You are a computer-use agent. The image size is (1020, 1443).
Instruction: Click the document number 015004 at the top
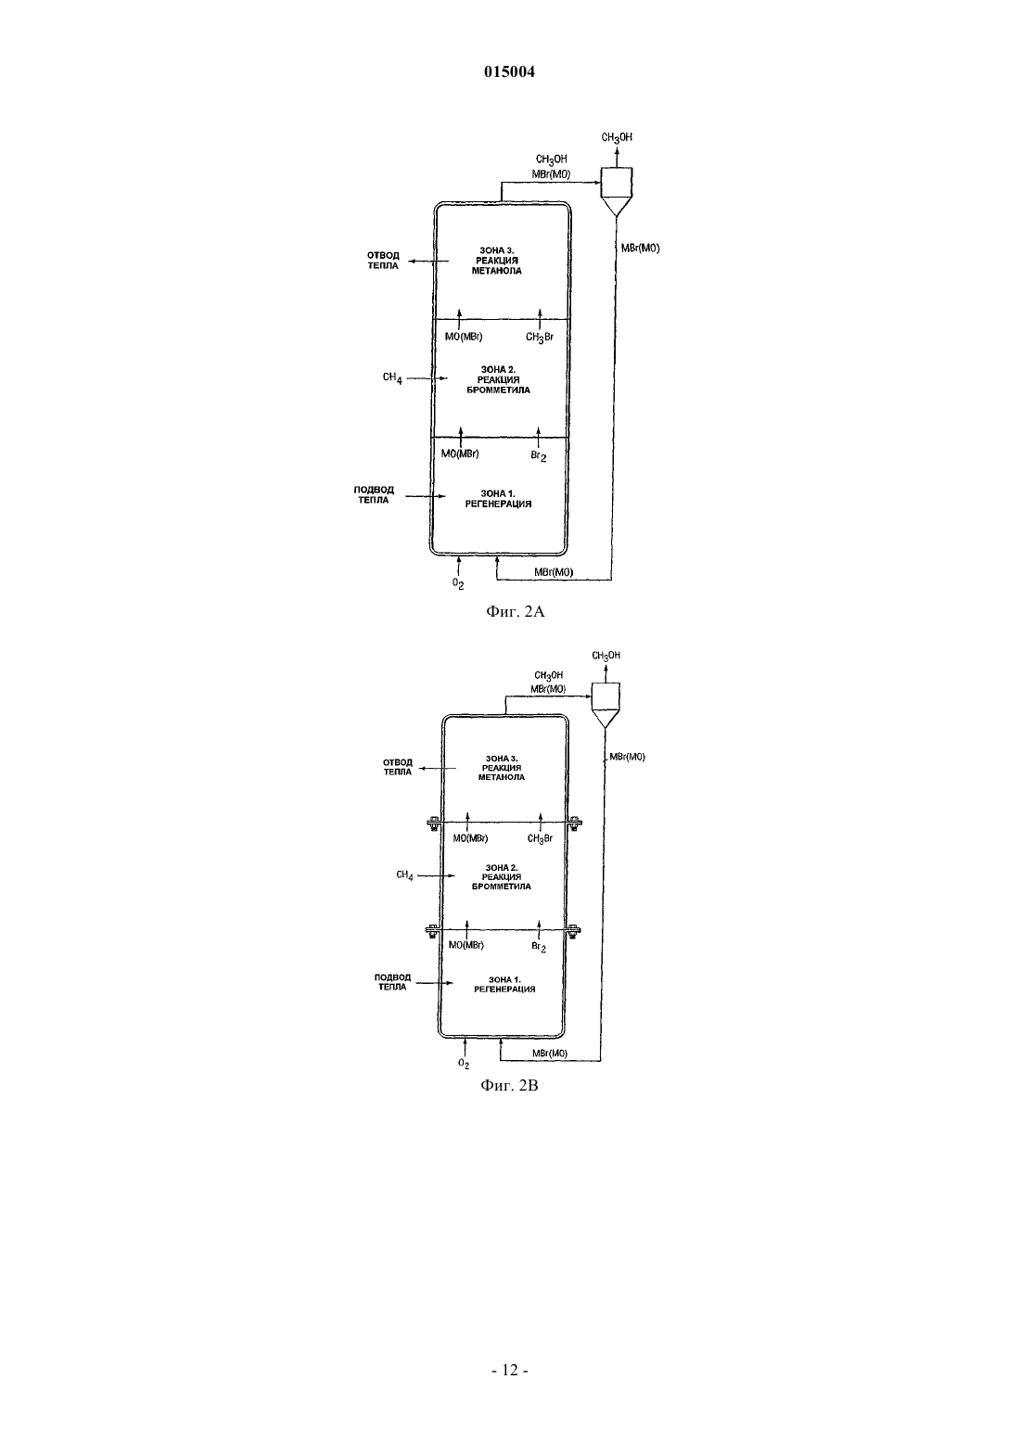pos(509,71)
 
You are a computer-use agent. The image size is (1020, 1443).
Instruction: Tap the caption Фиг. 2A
pos(516,611)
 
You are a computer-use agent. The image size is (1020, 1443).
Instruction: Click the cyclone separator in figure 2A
pos(617,191)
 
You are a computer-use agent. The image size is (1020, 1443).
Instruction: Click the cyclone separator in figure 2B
pos(606,706)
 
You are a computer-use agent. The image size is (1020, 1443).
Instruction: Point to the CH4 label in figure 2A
pos(392,377)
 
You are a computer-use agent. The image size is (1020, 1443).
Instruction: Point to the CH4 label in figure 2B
pos(404,875)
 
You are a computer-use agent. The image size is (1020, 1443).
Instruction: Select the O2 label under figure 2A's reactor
pos(458,583)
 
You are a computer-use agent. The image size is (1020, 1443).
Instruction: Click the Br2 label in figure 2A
pos(539,456)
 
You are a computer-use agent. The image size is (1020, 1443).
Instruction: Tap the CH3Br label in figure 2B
pos(540,838)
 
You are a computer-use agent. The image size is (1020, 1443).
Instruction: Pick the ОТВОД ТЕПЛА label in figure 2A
pos(383,261)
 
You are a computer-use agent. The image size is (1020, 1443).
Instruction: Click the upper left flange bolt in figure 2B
pos(433,822)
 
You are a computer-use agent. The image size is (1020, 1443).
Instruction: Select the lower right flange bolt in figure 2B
pos(573,929)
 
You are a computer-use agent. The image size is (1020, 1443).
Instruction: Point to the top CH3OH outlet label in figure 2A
pos(617,137)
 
